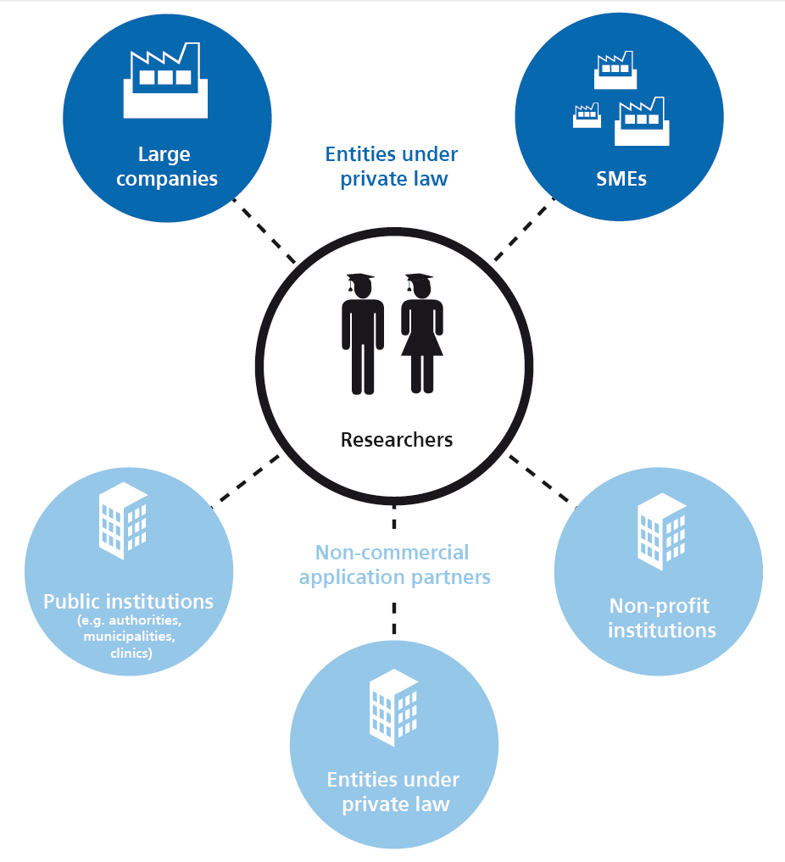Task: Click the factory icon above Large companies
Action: (165, 83)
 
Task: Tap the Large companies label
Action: (165, 167)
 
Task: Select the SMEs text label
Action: (620, 180)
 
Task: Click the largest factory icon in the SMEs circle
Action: (642, 122)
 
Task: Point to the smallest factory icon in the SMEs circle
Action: (586, 115)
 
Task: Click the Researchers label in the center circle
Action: (396, 440)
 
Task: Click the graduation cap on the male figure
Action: (360, 281)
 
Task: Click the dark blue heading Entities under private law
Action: (392, 167)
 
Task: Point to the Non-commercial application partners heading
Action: (394, 565)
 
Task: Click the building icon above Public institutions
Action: (124, 520)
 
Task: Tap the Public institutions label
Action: (129, 602)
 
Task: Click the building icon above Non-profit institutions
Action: (661, 532)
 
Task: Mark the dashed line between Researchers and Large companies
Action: (264, 231)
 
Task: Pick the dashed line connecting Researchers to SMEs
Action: (524, 231)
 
